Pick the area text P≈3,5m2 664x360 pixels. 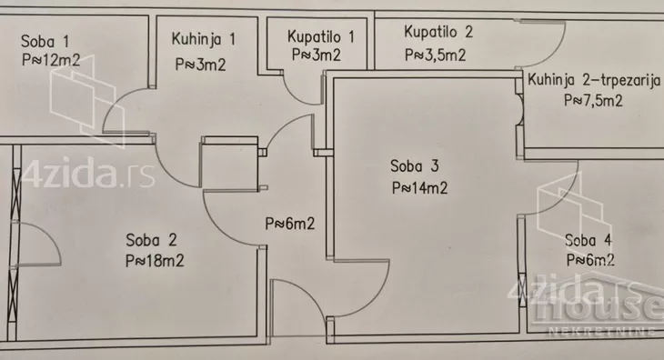437,54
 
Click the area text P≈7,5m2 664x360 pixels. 592,101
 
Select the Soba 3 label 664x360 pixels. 416,166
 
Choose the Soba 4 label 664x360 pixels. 589,241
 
